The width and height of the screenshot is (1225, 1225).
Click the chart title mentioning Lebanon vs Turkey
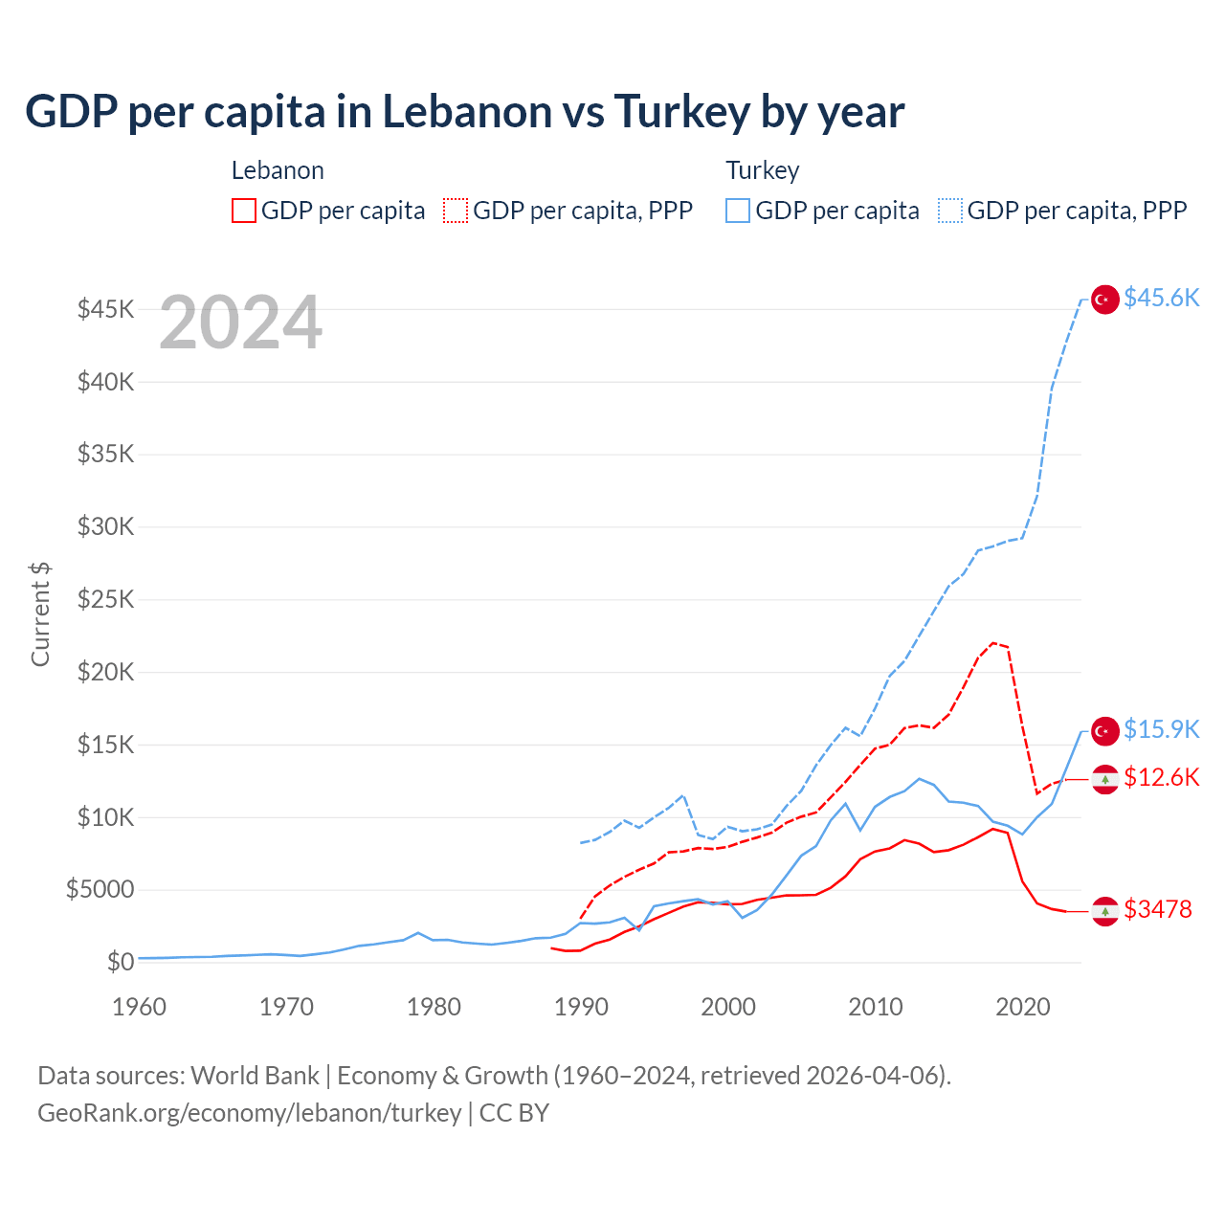pos(464,112)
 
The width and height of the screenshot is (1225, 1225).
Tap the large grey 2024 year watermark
pos(240,323)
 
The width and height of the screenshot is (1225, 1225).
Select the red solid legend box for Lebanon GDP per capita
pos(244,211)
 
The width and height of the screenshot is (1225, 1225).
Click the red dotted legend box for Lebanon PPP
pos(456,211)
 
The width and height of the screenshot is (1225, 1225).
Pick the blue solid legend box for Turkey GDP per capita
pos(737,211)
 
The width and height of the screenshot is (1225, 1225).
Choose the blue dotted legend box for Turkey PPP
pos(950,211)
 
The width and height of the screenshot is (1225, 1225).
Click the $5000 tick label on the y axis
pos(100,890)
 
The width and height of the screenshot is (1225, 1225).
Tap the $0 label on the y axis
pos(120,962)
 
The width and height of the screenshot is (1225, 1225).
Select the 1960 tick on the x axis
pos(140,1007)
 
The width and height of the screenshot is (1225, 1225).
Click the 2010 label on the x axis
pos(876,1007)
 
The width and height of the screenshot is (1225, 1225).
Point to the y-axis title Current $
pos(40,614)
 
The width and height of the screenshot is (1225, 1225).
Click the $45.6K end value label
pos(1161,299)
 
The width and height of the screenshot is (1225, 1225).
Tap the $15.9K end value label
pos(1161,730)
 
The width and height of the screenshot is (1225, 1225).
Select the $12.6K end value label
pos(1161,778)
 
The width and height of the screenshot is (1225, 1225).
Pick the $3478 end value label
pos(1158,909)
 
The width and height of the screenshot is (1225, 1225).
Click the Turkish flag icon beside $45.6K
pos(1105,300)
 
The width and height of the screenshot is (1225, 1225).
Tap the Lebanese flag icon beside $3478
pos(1105,911)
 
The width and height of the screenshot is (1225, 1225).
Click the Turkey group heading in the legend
pos(762,170)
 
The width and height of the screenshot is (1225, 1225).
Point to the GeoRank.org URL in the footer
pos(250,1113)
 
